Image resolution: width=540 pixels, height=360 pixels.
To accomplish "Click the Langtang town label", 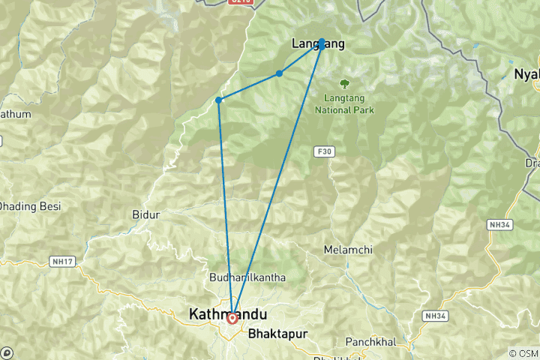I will click(317, 44).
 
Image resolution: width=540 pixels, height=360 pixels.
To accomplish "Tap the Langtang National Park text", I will click(349, 104).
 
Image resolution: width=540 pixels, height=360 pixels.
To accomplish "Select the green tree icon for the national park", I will click(345, 85).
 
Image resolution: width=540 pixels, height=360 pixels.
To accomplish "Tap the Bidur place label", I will click(145, 214).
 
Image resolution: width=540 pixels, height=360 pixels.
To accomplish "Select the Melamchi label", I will click(348, 249).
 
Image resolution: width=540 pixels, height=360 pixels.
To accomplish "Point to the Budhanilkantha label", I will click(248, 277).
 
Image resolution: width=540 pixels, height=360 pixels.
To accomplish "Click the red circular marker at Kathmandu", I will click(232, 318).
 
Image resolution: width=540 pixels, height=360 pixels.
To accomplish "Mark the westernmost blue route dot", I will click(218, 100).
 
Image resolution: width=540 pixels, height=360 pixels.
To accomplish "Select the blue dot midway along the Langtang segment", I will click(279, 73).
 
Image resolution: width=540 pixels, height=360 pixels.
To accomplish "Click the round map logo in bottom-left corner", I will click(7, 352).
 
